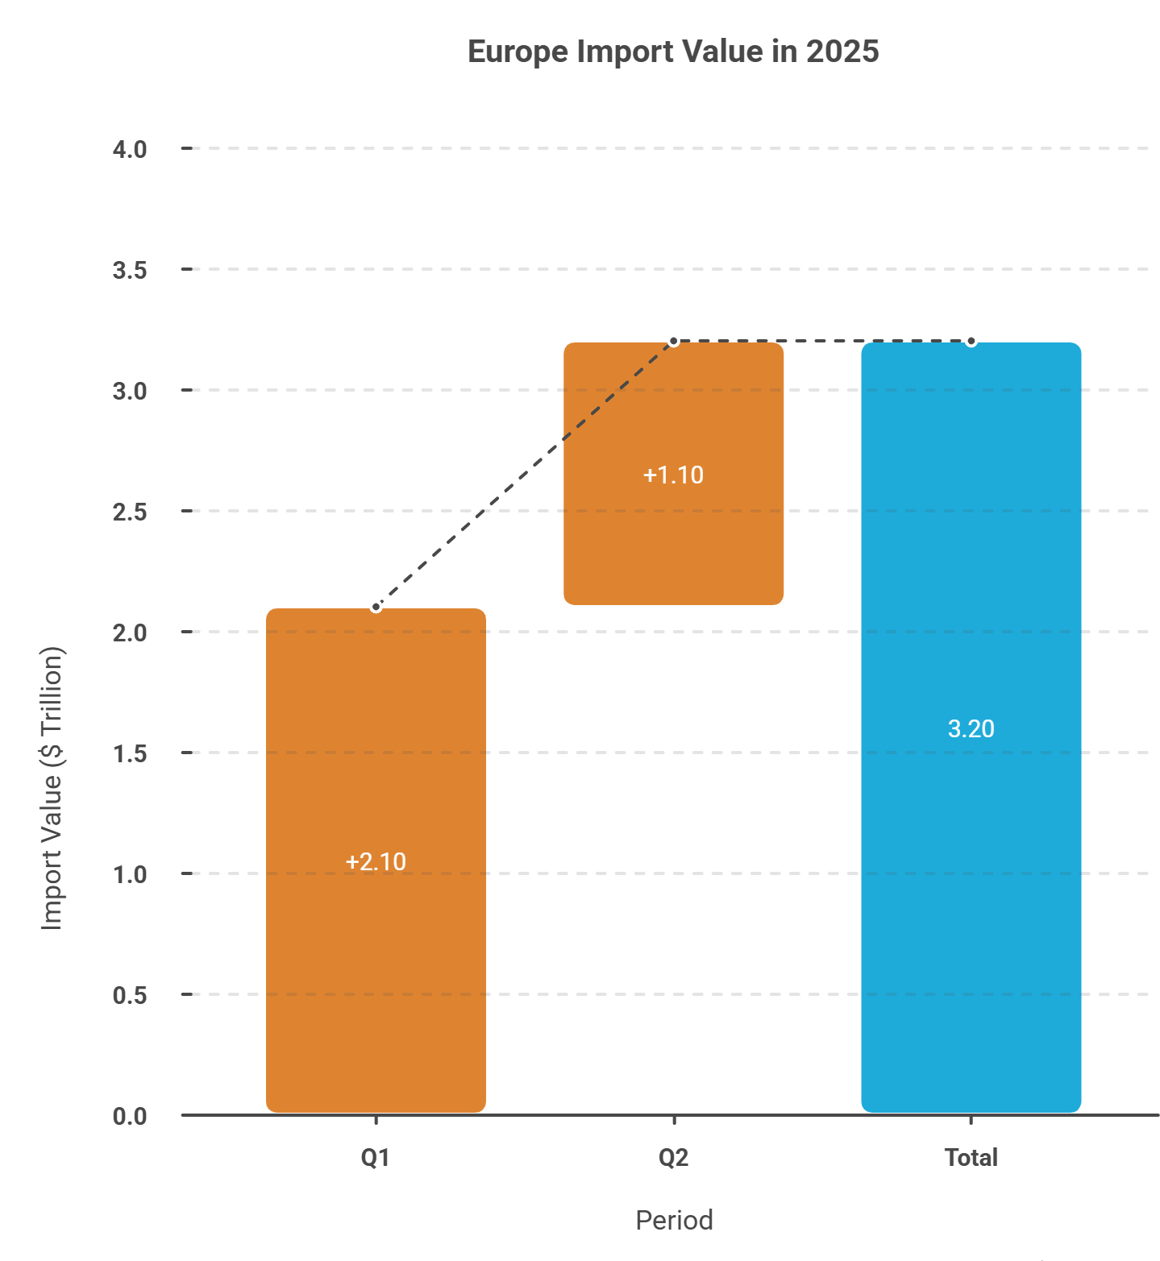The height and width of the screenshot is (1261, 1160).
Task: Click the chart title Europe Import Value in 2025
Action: point(673,52)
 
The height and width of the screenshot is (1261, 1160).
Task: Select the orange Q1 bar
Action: point(376,860)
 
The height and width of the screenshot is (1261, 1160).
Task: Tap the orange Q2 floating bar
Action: point(673,473)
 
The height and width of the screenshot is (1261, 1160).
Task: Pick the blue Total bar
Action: point(971,727)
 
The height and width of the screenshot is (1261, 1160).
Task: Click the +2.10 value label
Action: point(376,861)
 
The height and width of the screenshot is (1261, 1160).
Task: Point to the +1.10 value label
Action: point(673,475)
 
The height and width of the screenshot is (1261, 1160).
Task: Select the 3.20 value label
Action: point(971,728)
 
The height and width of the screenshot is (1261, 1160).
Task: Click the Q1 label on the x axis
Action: point(376,1158)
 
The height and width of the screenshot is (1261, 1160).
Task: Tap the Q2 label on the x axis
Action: point(673,1158)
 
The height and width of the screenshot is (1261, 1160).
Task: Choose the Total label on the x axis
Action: point(971,1158)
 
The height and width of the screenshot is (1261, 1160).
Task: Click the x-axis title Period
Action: point(674,1220)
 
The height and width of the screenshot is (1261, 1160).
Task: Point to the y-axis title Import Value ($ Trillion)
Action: point(52,788)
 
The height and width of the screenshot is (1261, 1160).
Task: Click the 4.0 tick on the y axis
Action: point(130,149)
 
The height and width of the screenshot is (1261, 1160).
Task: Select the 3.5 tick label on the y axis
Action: point(130,270)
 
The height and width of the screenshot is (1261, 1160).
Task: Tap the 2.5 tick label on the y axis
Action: point(130,512)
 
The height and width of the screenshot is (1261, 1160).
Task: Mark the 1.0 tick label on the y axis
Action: point(130,874)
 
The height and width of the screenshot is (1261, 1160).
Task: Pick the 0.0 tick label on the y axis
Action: point(130,1116)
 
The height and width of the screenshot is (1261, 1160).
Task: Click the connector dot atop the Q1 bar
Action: point(376,608)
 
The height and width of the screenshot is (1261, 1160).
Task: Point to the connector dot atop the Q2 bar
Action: point(674,342)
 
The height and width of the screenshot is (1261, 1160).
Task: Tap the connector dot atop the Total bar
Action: point(971,342)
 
